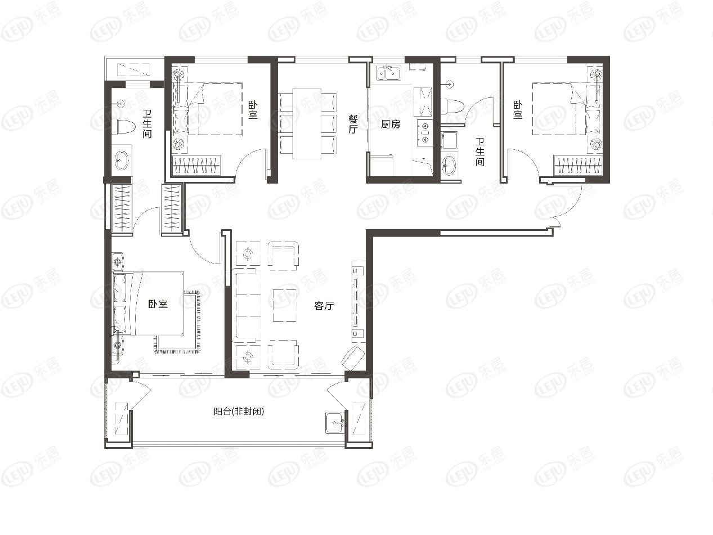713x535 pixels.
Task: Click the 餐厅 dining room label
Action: [353, 124]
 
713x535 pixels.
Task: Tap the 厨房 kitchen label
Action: [391, 124]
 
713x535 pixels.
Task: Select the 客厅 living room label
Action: [324, 306]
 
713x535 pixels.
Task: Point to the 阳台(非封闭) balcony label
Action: [239, 412]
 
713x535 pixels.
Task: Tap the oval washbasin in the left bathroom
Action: [122, 160]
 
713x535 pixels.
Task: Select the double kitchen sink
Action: [389, 73]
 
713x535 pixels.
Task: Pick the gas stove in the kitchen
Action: [425, 132]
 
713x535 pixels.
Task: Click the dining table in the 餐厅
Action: [307, 124]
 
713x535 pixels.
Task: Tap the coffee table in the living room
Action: [285, 305]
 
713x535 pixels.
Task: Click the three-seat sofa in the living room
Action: [246, 306]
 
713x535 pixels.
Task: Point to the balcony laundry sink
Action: [335, 422]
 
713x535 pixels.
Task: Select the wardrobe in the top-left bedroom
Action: [196, 165]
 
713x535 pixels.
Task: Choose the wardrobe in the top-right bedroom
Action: [578, 165]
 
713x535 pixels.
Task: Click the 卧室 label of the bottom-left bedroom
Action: [158, 304]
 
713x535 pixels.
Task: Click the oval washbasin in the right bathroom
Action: [449, 166]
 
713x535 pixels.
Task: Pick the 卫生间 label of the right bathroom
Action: [480, 152]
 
